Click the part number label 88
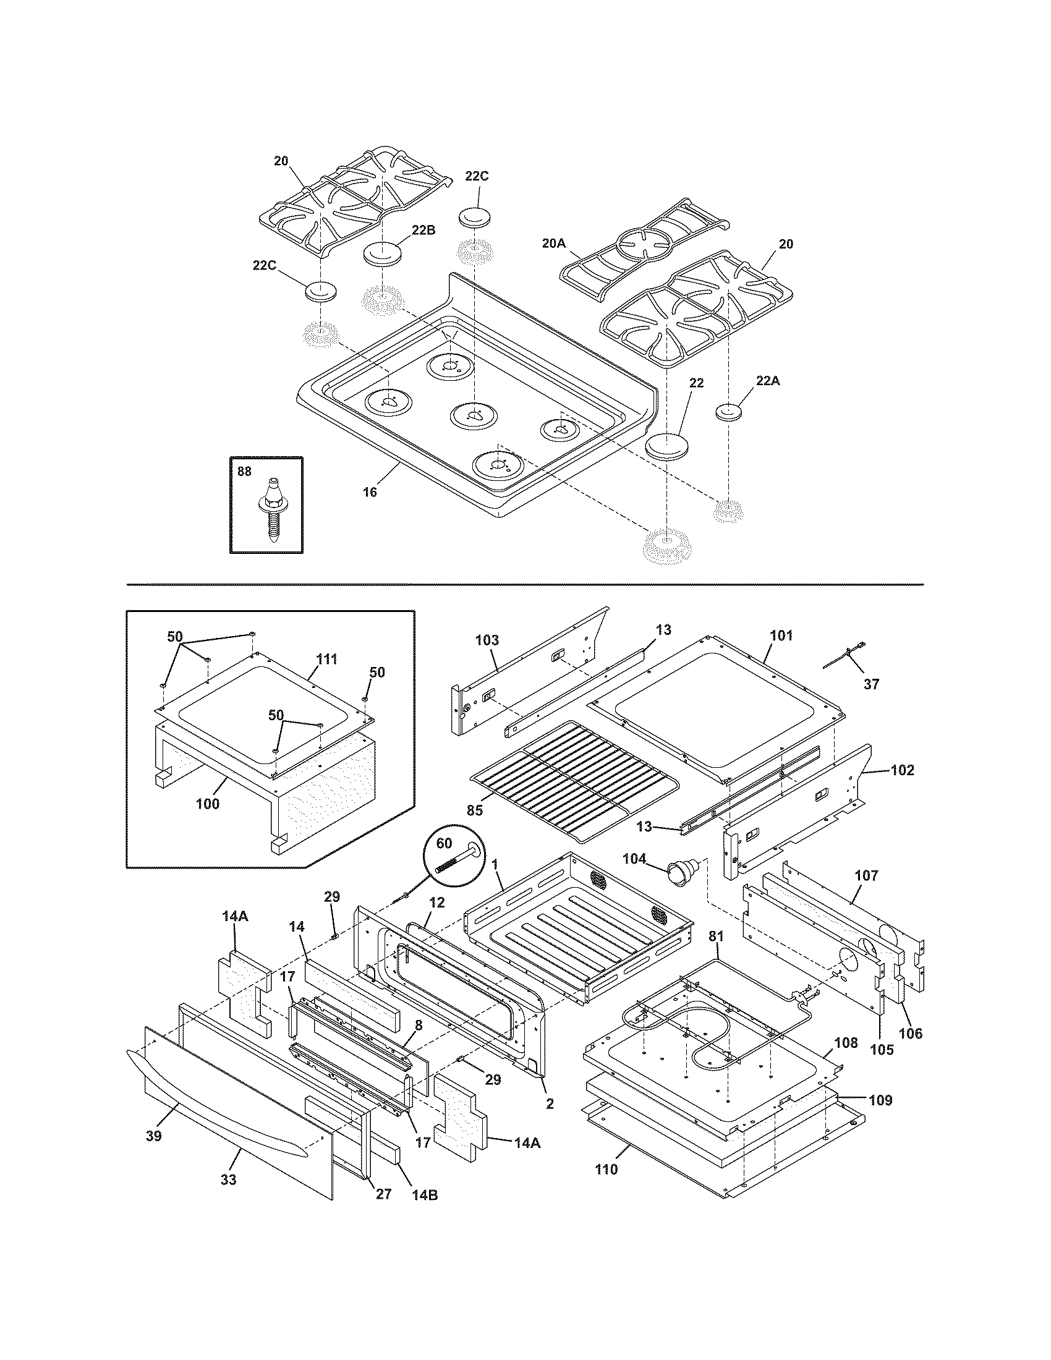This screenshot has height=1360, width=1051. pos(244,472)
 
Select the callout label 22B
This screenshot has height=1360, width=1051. pos(423,230)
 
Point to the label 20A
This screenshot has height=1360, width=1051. pos(553,244)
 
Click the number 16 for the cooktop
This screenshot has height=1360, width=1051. pos(369,492)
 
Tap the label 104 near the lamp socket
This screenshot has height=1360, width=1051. pos(634,858)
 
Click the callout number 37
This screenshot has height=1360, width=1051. pos(871,684)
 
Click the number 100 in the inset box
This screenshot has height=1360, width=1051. pos(207,803)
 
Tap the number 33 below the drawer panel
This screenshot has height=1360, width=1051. pos(229,1179)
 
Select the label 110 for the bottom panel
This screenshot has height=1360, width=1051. pos(606,1169)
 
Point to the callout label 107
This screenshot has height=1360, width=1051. pos(866,875)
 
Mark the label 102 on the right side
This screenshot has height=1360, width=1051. pos(902,770)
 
